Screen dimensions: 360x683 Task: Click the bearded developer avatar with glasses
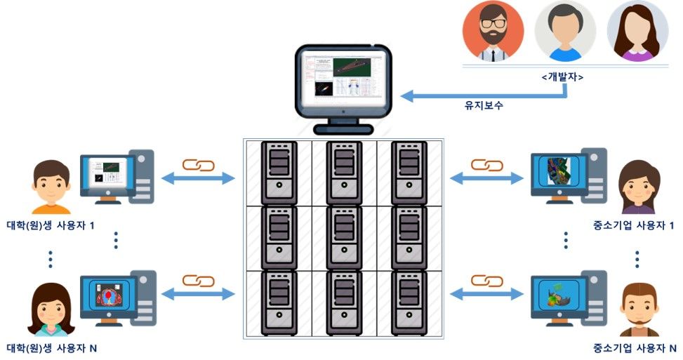492,32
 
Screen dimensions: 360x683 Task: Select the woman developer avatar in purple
637,32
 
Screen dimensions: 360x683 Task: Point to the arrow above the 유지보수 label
464,95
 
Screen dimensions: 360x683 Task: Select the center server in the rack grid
344,237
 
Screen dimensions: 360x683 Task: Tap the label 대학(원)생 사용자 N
51,347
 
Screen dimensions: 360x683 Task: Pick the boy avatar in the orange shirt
51,187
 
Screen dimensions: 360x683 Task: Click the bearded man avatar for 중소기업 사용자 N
639,310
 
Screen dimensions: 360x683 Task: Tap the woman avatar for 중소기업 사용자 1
637,187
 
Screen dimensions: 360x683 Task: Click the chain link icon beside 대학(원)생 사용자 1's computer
198,166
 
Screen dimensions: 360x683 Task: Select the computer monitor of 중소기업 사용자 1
558,174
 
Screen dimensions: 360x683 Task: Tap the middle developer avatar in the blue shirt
564,32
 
